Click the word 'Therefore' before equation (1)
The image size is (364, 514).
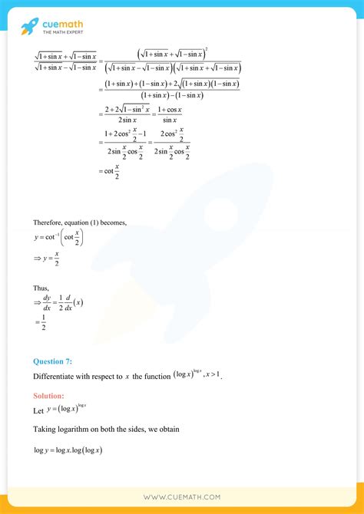click(51, 222)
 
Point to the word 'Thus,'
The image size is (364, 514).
click(41, 288)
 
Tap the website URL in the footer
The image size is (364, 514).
click(181, 497)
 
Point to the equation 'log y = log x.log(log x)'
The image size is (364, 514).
click(68, 450)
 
